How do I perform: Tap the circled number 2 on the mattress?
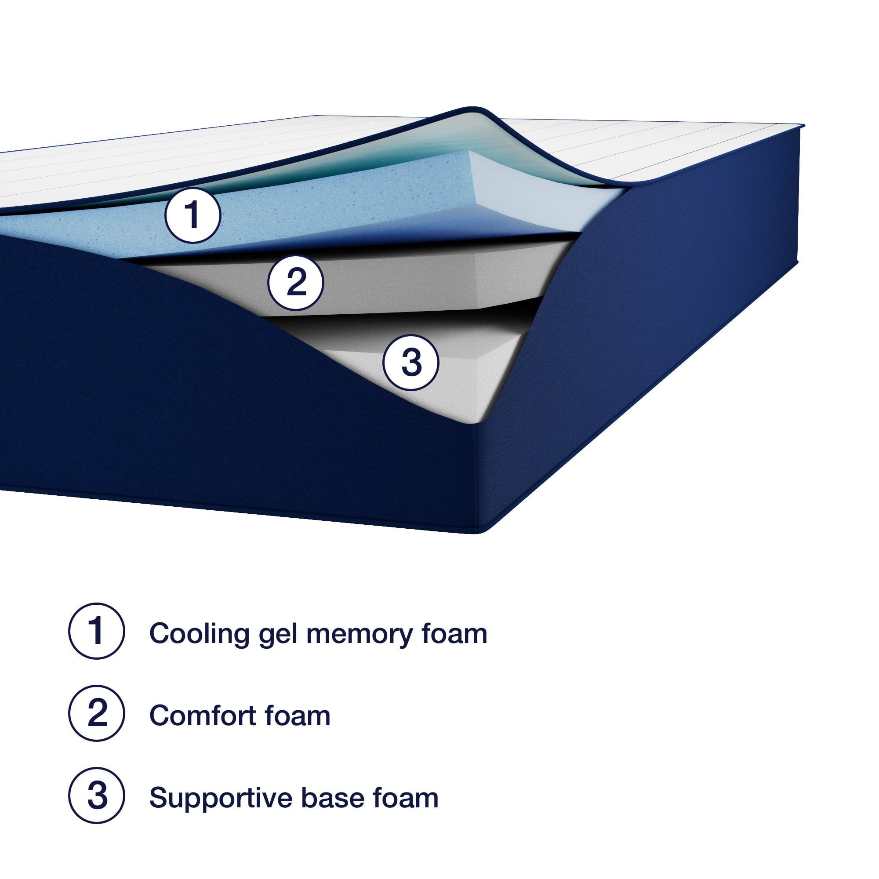[295, 283]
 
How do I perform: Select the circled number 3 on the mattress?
[411, 363]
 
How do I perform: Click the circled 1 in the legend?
[96, 631]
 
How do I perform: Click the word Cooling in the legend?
[199, 633]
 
